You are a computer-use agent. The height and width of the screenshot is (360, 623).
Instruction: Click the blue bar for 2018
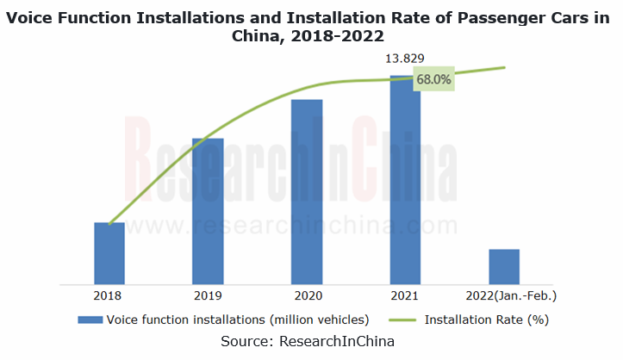click(109, 252)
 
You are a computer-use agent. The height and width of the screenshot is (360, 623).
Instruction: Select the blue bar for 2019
click(209, 210)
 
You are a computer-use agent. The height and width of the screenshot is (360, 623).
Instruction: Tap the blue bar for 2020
click(307, 191)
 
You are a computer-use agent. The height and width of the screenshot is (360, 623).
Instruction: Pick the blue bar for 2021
click(405, 179)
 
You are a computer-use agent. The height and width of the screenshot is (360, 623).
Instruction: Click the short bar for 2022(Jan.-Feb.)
click(504, 266)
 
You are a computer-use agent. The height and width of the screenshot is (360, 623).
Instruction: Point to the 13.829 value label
click(405, 59)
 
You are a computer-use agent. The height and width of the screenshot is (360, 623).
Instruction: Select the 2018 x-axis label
click(109, 295)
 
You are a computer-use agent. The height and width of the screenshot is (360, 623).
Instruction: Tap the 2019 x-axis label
click(209, 295)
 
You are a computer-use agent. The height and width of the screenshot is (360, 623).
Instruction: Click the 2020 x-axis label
click(307, 295)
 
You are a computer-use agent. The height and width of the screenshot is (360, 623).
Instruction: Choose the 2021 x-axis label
click(405, 295)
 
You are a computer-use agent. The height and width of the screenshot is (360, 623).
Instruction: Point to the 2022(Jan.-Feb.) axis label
click(508, 295)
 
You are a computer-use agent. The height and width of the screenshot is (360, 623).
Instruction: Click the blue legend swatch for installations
click(89, 320)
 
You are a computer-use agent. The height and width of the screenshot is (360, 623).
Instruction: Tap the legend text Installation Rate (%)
click(487, 320)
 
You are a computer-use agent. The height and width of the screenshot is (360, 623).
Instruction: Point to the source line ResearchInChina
click(311, 342)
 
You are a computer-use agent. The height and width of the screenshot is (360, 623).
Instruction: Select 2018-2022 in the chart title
click(331, 36)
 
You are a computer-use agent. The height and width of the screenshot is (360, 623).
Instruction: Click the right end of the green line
click(504, 67)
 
